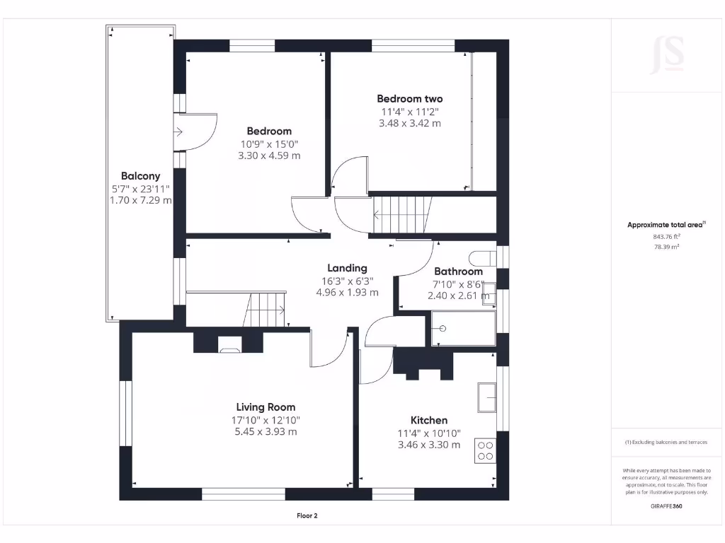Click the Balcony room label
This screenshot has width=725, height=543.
(x=140, y=176)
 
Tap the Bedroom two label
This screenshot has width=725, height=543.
(x=409, y=99)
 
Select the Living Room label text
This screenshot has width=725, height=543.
(x=266, y=407)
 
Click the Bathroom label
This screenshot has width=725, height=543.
(x=458, y=271)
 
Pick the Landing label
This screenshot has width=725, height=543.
(x=347, y=268)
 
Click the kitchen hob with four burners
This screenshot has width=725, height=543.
(x=486, y=450)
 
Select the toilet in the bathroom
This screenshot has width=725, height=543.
(x=482, y=256)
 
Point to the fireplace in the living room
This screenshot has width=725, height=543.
(x=229, y=346)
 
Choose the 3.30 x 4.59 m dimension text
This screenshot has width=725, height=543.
(x=269, y=156)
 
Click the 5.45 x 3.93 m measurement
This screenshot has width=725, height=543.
(x=266, y=431)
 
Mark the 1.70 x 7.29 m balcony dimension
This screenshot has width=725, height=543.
(x=140, y=200)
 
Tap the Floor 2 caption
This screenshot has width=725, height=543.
(x=307, y=516)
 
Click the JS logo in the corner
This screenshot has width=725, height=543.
(x=667, y=55)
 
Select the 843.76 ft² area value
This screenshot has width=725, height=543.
(x=666, y=237)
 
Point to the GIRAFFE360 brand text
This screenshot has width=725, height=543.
(x=666, y=506)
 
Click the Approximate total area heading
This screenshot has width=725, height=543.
(x=666, y=225)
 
